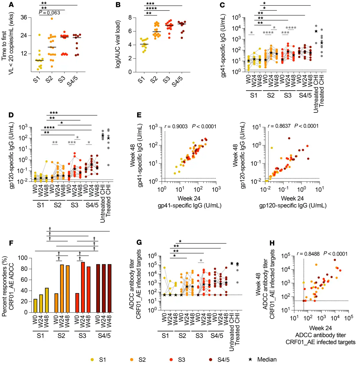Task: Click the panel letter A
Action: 11,4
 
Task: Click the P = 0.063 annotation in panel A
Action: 49,13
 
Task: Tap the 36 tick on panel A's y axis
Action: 24,17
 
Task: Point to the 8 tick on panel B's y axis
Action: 130,18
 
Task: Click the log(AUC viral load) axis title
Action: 118,44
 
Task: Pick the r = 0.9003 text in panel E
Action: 176,126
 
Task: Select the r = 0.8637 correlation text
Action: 279,126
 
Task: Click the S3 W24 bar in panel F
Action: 83,287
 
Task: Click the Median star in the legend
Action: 250,359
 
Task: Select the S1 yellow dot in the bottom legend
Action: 92,359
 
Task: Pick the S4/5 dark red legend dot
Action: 211,359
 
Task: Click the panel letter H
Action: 272,243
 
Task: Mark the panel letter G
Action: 139,242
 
